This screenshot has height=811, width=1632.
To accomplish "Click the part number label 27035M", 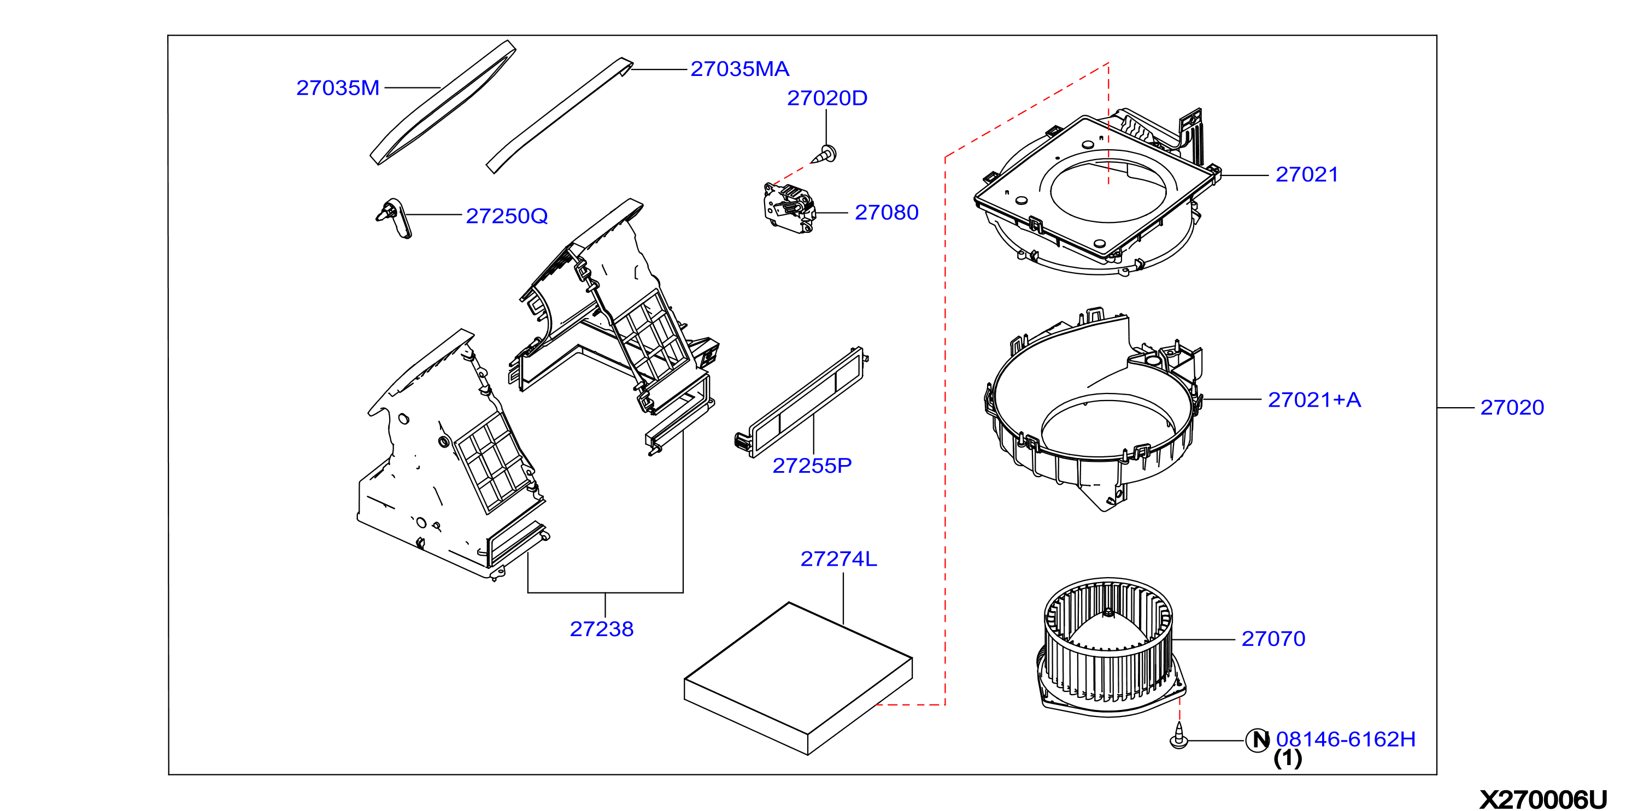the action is click(338, 88).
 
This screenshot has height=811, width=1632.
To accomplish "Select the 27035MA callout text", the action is click(739, 69).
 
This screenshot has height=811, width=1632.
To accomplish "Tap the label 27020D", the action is click(827, 98).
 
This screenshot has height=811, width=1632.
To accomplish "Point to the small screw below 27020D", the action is click(824, 155).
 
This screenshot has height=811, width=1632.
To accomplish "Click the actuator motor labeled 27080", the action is click(789, 208).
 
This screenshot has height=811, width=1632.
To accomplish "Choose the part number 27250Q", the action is click(506, 216).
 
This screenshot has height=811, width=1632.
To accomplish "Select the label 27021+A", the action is click(1314, 400).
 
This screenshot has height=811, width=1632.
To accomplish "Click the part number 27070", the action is click(1273, 639).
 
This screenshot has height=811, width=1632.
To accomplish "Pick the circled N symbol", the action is click(1258, 740).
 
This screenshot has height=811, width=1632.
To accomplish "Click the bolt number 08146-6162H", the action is click(1345, 739).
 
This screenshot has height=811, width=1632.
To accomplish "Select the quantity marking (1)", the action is click(1287, 759).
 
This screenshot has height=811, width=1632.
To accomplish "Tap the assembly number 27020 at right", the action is click(1512, 407).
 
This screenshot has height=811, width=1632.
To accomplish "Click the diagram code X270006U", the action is click(1543, 800).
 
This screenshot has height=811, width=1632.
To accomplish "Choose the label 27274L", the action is click(838, 559).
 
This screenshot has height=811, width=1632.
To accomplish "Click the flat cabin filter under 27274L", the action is click(799, 679).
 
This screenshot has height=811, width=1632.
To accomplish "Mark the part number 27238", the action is click(601, 629).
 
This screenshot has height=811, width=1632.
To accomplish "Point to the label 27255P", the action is click(812, 466).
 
